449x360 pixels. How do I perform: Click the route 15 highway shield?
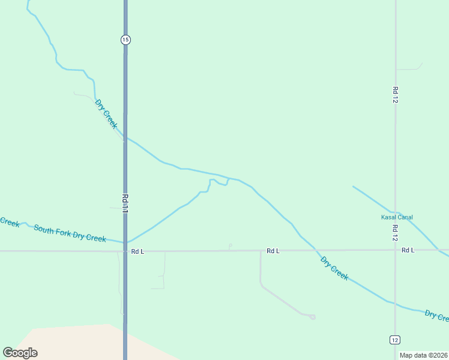pos(125,40)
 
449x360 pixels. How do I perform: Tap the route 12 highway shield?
pos(394,340)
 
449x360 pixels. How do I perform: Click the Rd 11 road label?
pos(125,203)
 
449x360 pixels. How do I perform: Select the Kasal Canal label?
pos(397,217)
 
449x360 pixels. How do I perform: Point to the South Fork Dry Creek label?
pos(70,233)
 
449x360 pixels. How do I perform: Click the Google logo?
pos(20,353)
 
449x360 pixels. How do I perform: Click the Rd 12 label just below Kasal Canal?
pos(395,233)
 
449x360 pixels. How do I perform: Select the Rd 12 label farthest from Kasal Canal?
pos(395,95)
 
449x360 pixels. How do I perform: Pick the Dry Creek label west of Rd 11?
pos(106,113)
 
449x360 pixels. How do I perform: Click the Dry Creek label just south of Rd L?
pos(334,268)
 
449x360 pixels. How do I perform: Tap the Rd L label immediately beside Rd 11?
pos(137,251)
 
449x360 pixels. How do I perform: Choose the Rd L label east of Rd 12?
pos(408,250)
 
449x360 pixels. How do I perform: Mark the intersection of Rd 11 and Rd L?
pos(125,251)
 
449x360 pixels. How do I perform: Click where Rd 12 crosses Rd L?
pos(395,250)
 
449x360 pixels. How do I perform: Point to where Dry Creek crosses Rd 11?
pos(125,139)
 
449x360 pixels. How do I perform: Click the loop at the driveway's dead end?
pos(312,316)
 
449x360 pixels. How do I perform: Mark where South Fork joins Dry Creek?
pos(228,179)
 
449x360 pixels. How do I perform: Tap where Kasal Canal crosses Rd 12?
pos(395,211)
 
